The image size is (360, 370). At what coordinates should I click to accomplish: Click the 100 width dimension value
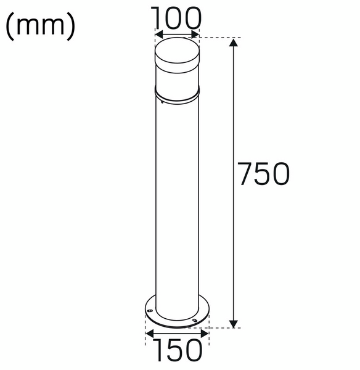point(178,17)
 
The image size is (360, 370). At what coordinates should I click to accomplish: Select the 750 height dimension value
point(263,175)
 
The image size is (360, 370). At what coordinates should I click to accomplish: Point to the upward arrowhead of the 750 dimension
point(233,42)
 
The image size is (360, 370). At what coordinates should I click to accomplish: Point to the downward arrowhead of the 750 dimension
point(233,323)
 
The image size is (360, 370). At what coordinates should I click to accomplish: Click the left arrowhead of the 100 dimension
point(158,35)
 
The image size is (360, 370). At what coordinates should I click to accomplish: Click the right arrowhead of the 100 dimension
point(197,35)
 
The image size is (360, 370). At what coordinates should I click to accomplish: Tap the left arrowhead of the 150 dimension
point(148,334)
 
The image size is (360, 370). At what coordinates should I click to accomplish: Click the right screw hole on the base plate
point(195,320)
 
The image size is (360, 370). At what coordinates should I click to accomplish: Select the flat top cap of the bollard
point(178,47)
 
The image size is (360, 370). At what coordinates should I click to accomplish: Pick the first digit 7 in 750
point(246,175)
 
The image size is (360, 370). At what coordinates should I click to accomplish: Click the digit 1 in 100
point(157,17)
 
